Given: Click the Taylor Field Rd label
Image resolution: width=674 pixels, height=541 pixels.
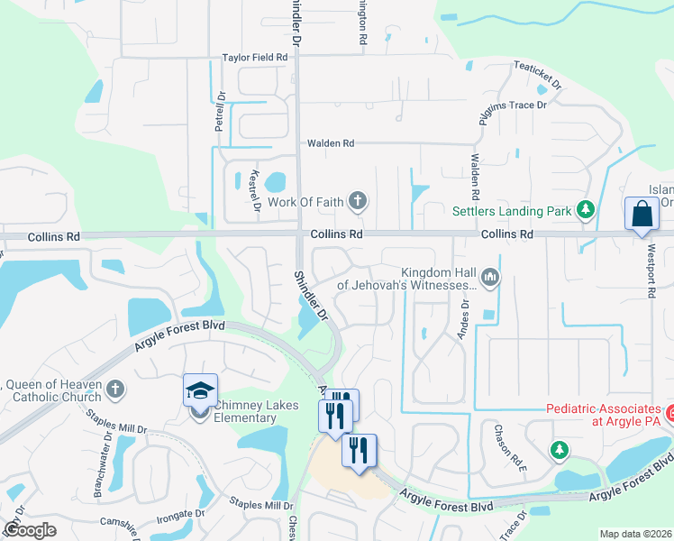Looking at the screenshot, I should coord(255,58).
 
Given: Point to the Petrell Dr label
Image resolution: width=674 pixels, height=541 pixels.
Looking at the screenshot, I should coord(219,112).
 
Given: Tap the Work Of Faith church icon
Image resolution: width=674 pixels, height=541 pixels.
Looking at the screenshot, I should coord(359,201).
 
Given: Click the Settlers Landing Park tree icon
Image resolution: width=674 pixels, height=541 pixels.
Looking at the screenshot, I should coord(586,211).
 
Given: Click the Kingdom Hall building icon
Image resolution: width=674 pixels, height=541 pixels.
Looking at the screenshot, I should coord(490,277).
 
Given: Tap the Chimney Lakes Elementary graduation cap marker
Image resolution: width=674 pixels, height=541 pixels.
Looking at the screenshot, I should coord(200,390).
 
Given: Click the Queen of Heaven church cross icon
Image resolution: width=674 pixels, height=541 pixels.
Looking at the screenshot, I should coord(114,390).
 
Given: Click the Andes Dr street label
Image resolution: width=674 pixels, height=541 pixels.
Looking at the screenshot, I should coord(466,316).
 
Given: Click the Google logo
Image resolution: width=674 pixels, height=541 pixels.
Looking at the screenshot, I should coord(31,530).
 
